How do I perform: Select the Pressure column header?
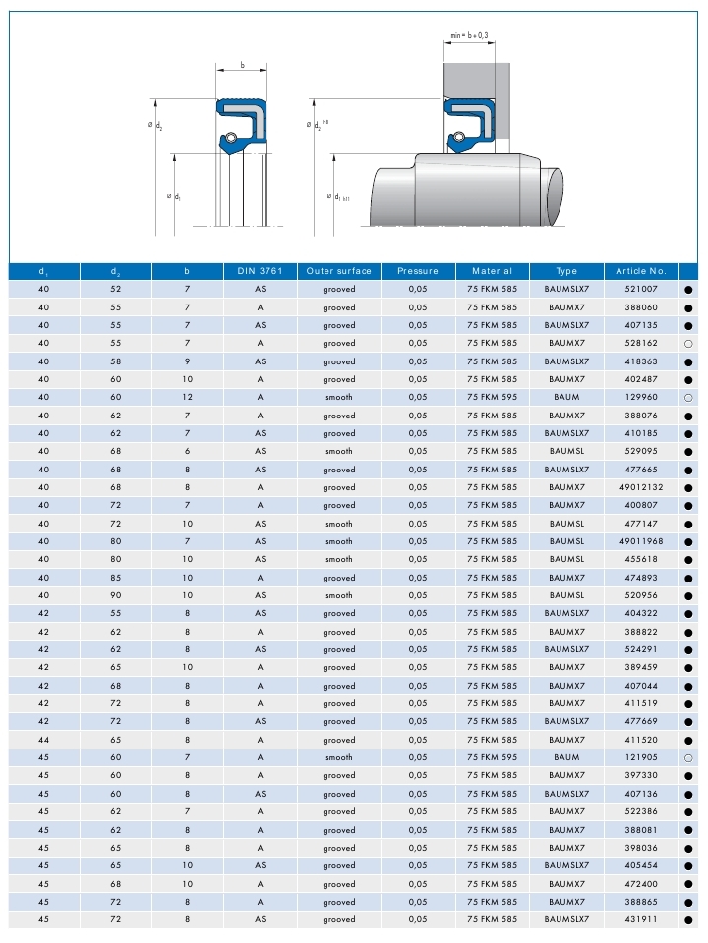[x=418, y=270]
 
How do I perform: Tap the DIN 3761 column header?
[x=260, y=270]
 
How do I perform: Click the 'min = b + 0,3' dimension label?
[x=469, y=35]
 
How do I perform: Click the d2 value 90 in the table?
[x=116, y=595]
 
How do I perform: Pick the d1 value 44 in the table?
[x=43, y=740]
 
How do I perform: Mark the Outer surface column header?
[x=339, y=270]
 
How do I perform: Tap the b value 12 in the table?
[x=188, y=397]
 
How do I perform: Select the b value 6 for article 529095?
[x=188, y=451]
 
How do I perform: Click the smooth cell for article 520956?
[x=339, y=595]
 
